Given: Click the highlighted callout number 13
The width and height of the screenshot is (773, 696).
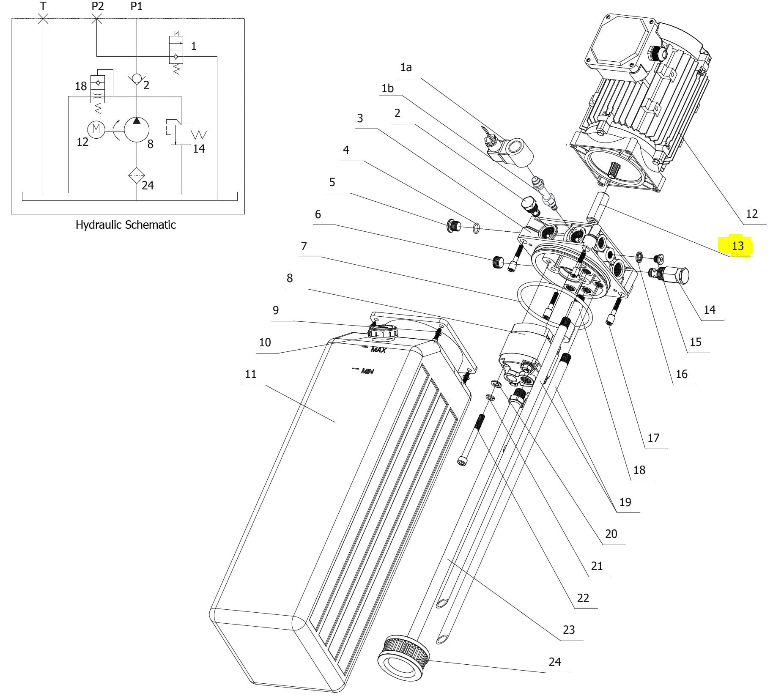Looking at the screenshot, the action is tap(737, 246).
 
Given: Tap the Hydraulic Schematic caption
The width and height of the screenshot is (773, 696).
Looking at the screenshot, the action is tap(126, 225).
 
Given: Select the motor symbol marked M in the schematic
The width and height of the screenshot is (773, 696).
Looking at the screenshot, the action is tap(96, 129).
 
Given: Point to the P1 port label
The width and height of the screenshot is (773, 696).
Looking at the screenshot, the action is tap(136, 6).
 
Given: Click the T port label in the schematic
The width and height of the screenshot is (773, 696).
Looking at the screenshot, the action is tap(43, 6).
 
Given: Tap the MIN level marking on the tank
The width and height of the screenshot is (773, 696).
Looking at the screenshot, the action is tap(364, 371).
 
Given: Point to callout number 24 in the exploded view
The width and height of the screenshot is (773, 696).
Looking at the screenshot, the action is tap(555, 662).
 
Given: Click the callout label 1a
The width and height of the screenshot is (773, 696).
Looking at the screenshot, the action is tap(406, 67).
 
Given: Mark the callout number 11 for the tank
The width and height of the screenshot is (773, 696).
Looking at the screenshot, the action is tap(251, 374).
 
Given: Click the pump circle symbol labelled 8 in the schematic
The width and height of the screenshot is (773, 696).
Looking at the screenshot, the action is tap(137, 129).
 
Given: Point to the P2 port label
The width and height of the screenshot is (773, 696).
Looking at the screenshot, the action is tap(97, 6).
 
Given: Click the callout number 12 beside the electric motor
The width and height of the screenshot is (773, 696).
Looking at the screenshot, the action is tap(751, 214).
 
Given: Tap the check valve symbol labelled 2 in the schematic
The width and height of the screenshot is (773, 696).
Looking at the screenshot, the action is tap(137, 79).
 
